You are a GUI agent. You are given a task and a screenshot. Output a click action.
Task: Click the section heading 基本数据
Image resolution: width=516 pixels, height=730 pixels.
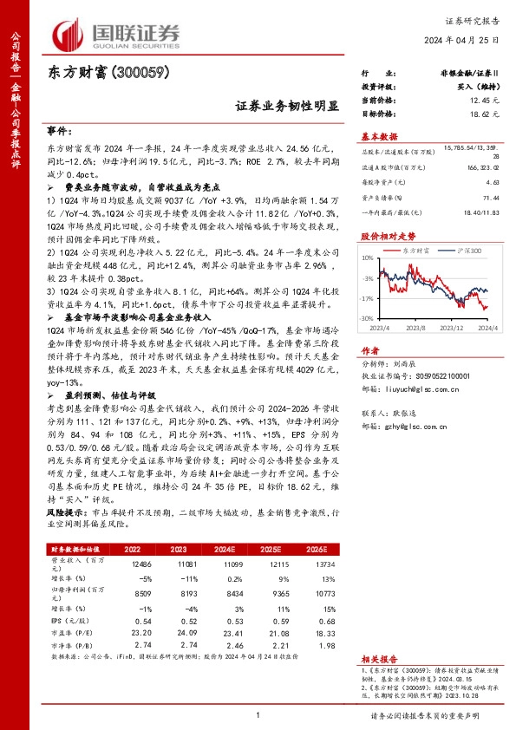tap(379, 137)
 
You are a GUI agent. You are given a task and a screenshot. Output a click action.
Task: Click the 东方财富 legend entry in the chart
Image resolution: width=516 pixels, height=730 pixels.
tap(420, 250)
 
